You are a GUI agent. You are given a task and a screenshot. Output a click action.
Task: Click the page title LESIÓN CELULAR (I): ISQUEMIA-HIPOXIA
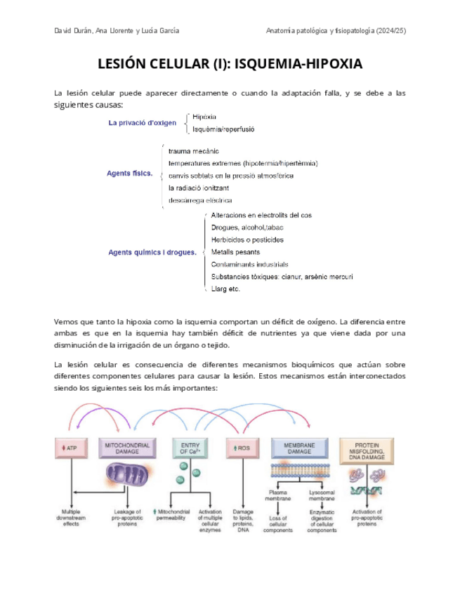[x=230, y=65]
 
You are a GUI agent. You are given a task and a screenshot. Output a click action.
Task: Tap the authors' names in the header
[x=116, y=31]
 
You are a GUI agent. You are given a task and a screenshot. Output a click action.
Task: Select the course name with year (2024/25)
[x=336, y=31]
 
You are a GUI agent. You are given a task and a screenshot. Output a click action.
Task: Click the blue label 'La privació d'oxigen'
[x=142, y=122]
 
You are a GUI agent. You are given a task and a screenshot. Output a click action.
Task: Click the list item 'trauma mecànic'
[x=194, y=151]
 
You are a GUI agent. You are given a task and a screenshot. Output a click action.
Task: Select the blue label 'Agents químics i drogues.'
[x=152, y=252]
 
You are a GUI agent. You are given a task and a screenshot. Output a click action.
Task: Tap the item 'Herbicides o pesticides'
[x=247, y=240]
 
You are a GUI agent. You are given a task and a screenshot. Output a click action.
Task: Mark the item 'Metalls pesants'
[x=235, y=252]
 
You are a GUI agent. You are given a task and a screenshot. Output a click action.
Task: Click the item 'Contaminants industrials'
[x=249, y=264]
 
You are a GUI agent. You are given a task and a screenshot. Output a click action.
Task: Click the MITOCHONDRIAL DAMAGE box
[x=128, y=448]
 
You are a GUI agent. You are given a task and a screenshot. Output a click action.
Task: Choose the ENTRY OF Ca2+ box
[x=190, y=448]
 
